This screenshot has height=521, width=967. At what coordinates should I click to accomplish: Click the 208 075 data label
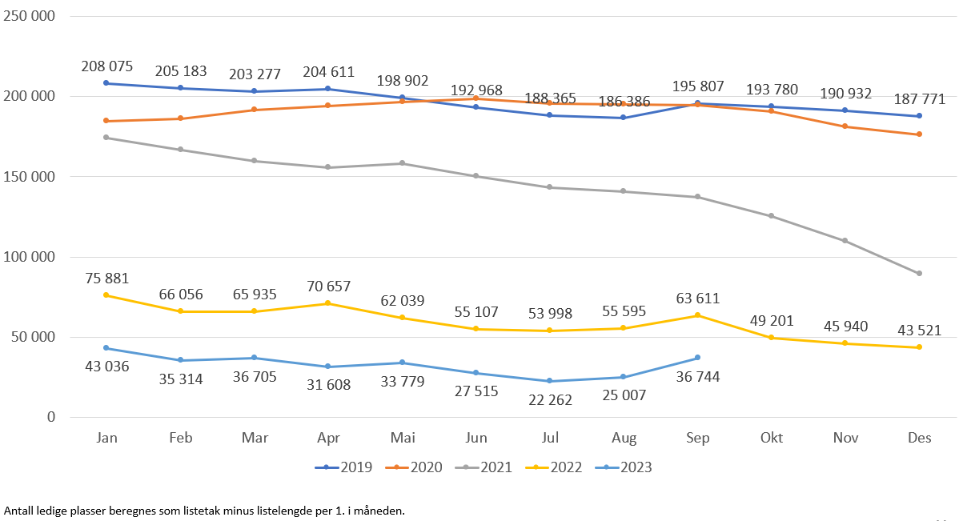click(106, 66)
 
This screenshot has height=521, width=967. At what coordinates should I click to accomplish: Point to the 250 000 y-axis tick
click(29, 16)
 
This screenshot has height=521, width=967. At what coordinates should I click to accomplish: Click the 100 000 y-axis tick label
click(29, 257)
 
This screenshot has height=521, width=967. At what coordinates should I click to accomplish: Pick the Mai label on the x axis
click(402, 438)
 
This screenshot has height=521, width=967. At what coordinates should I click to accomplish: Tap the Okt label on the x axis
click(772, 438)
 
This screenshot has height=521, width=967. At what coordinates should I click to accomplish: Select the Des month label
click(920, 438)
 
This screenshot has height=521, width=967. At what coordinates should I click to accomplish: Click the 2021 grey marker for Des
click(920, 274)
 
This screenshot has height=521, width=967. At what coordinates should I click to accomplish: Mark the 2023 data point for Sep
click(698, 358)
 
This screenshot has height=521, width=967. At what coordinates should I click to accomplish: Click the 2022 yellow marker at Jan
click(106, 295)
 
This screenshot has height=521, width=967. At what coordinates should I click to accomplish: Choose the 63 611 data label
click(697, 299)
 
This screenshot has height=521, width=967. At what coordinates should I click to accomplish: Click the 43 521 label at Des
click(919, 330)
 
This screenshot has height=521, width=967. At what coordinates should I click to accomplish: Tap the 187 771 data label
click(919, 99)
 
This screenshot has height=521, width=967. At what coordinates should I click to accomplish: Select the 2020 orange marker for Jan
click(106, 121)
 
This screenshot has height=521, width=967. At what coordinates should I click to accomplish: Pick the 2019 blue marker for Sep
click(698, 103)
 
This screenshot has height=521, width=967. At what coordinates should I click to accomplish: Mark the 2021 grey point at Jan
click(106, 138)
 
